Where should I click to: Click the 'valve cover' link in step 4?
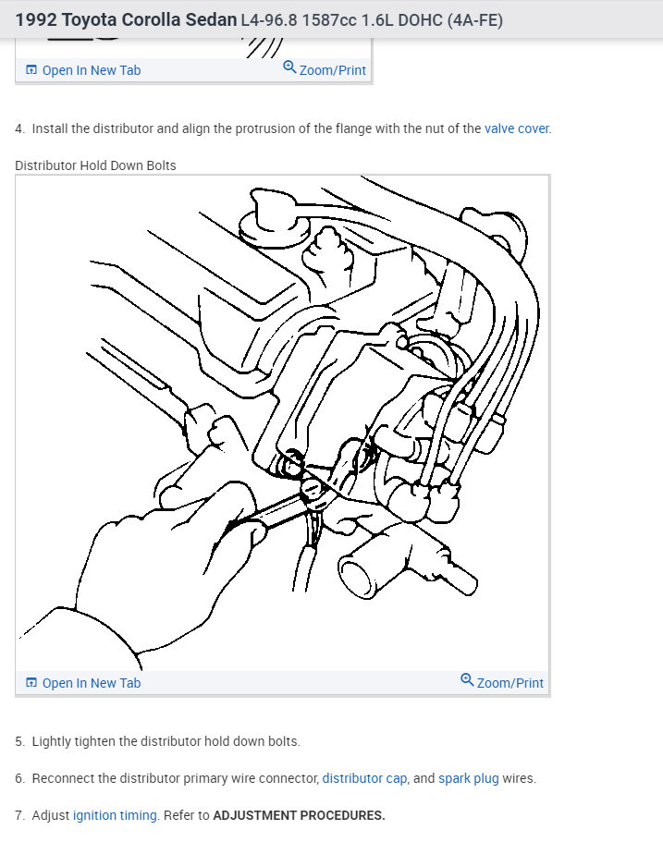coord(516,128)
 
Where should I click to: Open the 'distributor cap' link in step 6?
coord(364,778)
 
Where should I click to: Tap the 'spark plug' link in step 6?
coord(468,778)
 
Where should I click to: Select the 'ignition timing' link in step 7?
coord(115,815)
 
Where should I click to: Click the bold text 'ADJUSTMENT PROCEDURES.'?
coord(299,815)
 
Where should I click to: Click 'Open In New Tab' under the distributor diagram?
coord(91,683)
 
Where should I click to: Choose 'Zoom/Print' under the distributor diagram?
coord(510,683)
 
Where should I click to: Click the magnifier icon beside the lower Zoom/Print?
coord(467,681)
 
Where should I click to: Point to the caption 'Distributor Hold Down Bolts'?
coord(95,165)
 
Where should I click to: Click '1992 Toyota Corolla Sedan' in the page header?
coord(126,19)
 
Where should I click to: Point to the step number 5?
coord(19,741)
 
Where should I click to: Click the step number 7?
coord(19,815)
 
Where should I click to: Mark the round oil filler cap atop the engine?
coord(269,223)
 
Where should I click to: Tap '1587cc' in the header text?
coord(330,19)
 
